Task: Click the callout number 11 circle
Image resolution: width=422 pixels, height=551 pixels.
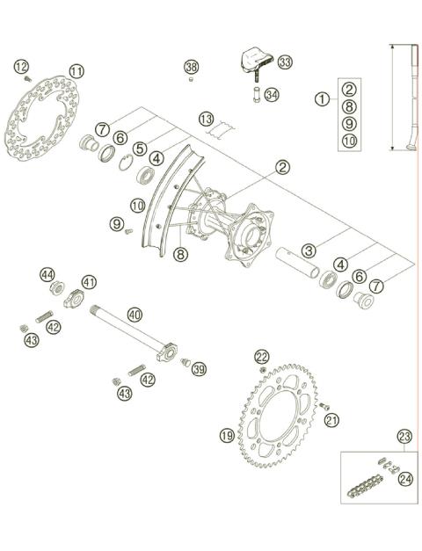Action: coord(76,71)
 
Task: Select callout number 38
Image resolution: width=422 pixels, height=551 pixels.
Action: coord(192,67)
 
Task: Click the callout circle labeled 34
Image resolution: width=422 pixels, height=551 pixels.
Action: coord(271,94)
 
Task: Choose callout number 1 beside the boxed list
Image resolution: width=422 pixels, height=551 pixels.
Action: coord(323,99)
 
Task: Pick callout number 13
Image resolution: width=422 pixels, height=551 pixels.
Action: coord(206,119)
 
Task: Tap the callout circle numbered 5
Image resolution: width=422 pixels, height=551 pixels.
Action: coord(140,149)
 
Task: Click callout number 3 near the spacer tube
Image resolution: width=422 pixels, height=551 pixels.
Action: coord(309,250)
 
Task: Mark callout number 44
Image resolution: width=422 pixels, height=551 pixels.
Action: coord(47,275)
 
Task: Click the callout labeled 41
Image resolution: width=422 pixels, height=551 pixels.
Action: coord(89,282)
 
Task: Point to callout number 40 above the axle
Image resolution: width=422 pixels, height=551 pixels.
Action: coord(134,314)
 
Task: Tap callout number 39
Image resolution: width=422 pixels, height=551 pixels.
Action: coord(199,369)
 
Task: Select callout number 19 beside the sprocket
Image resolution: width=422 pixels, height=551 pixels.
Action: coord(227,435)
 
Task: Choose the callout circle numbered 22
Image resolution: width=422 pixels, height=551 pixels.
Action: coord(262,356)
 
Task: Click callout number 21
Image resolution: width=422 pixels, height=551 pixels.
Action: coord(331,422)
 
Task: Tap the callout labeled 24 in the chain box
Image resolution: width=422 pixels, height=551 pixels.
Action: coord(404,479)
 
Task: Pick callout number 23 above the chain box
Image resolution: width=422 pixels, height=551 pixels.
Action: coord(404,435)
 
